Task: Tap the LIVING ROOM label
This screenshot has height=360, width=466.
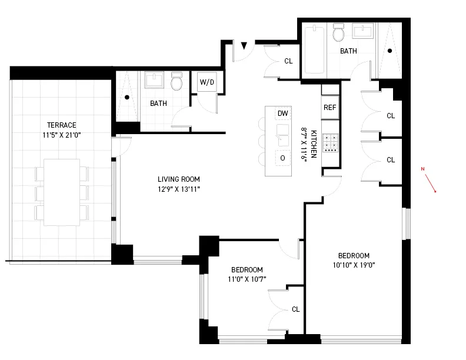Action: click(x=179, y=179)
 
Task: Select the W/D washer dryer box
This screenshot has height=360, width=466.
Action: click(x=207, y=82)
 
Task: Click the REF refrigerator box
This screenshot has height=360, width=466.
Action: click(x=330, y=108)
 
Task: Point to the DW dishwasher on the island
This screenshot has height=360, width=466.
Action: click(x=282, y=114)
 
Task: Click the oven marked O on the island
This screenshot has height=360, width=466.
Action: click(x=282, y=158)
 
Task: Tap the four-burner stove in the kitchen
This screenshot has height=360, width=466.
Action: click(x=331, y=142)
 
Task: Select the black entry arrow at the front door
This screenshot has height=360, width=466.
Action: click(x=244, y=45)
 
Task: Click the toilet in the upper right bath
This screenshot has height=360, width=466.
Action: click(x=338, y=34)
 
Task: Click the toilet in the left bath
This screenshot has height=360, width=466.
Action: click(x=177, y=82)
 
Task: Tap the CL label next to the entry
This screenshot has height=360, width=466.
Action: click(x=288, y=61)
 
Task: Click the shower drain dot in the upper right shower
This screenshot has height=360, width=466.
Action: click(x=389, y=51)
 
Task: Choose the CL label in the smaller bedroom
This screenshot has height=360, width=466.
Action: click(x=295, y=309)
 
